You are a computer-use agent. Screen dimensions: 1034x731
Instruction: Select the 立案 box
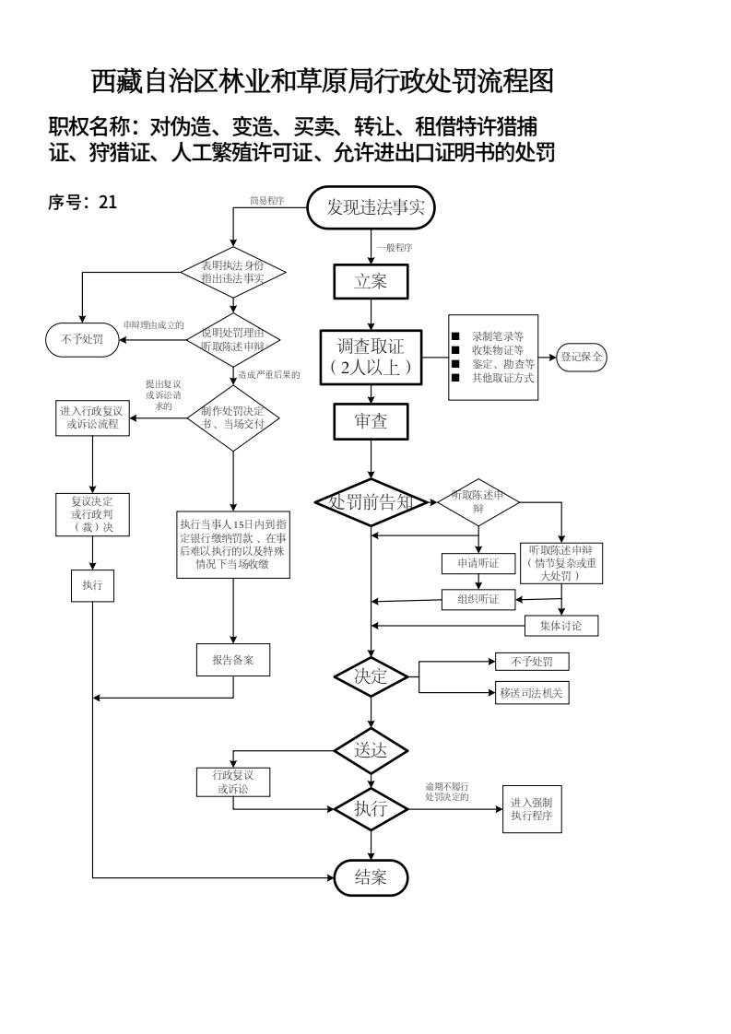tap(371, 283)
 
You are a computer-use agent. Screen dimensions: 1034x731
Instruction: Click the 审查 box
tap(371, 422)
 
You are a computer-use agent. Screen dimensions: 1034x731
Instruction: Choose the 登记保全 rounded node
tap(581, 356)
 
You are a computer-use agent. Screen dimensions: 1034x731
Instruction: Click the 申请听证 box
tap(478, 562)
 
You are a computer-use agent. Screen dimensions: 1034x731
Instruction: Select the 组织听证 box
tap(478, 599)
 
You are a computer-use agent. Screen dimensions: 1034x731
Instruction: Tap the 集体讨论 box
tap(561, 626)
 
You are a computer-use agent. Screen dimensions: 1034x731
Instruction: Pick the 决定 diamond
tap(371, 676)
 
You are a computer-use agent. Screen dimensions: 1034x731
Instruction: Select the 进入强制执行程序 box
tap(532, 810)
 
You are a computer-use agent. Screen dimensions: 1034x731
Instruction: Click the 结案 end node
tap(371, 878)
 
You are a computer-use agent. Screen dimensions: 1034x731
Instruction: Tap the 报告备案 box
tap(232, 660)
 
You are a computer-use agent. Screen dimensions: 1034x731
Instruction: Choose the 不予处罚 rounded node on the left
tap(83, 339)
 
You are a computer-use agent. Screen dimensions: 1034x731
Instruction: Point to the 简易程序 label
tap(265, 200)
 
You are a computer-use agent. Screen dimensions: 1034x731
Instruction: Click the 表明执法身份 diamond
tap(232, 271)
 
